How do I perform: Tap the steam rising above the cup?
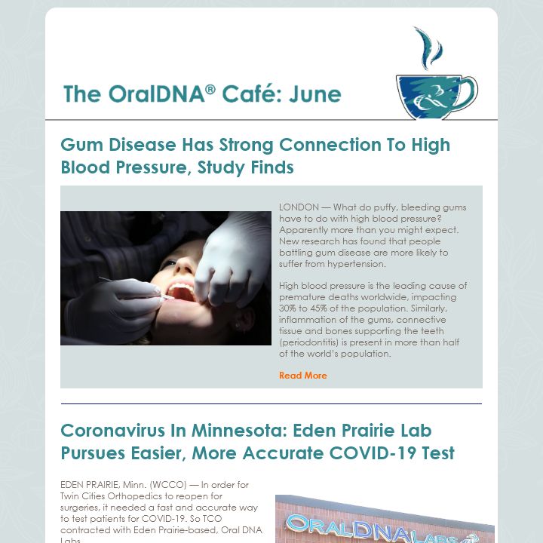(428, 48)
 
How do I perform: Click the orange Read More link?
(302, 376)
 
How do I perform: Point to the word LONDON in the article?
(299, 207)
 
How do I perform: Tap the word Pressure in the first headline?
(152, 167)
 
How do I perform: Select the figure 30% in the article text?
(287, 308)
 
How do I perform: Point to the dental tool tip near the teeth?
(170, 297)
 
